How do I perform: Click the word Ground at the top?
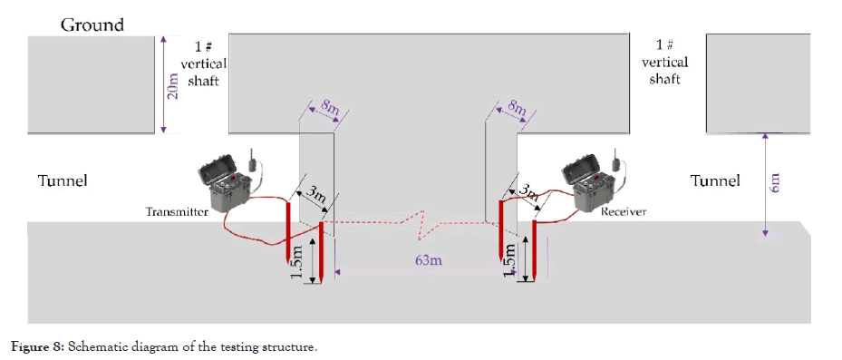click(92, 24)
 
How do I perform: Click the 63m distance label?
click(429, 260)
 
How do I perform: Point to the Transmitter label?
click(177, 211)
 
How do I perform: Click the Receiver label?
click(624, 211)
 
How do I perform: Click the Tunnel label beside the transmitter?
click(63, 180)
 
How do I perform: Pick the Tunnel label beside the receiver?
click(715, 180)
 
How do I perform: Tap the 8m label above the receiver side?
click(517, 109)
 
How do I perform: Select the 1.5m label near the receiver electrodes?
click(511, 260)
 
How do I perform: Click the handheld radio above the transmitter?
click(252, 159)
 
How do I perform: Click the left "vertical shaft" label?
click(204, 72)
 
